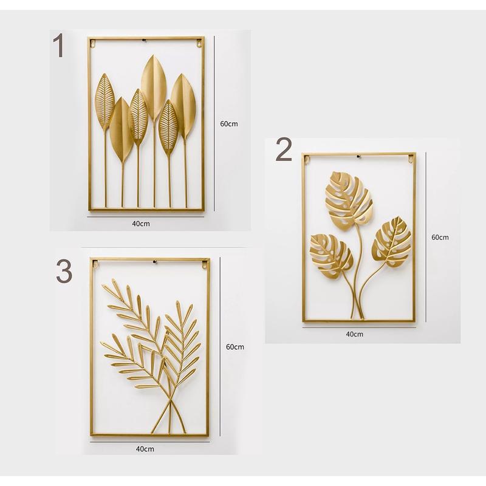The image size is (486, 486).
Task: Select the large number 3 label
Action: click(x=64, y=272)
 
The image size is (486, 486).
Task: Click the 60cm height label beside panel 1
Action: click(x=229, y=124)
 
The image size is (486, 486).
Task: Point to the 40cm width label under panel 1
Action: click(x=141, y=224)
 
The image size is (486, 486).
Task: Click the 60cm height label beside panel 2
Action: click(x=440, y=237)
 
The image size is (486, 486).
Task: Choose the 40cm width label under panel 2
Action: click(x=355, y=334)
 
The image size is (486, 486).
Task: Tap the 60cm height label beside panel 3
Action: click(x=235, y=347)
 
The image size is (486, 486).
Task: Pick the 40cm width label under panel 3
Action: click(x=145, y=448)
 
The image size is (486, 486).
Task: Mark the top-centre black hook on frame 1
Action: click(x=144, y=40)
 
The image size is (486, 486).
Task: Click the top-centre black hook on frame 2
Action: click(x=358, y=156)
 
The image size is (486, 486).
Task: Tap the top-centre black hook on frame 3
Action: click(x=156, y=263)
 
